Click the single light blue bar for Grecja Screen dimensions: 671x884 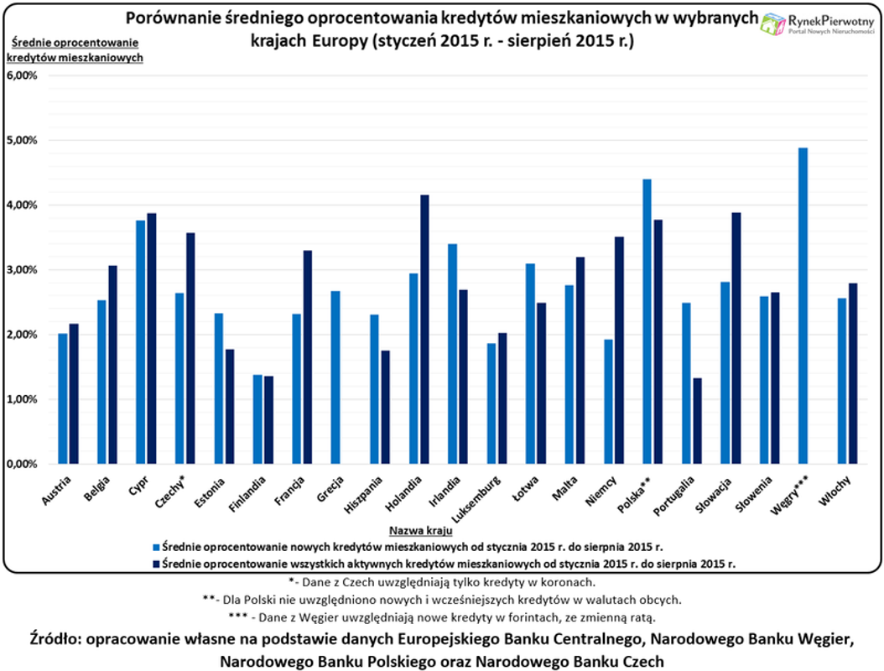(335, 377)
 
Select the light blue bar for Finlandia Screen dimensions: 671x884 (257, 419)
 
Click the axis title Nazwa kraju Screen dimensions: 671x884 (421, 531)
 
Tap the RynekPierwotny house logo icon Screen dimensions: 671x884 (772, 24)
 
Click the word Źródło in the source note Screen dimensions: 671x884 (60, 640)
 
